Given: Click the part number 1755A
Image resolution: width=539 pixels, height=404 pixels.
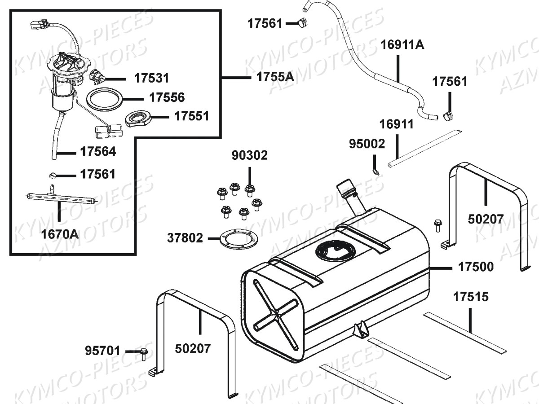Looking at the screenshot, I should pyautogui.click(x=275, y=77).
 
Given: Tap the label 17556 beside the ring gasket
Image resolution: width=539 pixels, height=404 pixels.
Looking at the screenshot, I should pyautogui.click(x=167, y=97).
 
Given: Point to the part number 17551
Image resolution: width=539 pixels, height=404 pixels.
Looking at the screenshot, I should pyautogui.click(x=191, y=116).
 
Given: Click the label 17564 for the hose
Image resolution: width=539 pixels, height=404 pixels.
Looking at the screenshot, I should pyautogui.click(x=98, y=152).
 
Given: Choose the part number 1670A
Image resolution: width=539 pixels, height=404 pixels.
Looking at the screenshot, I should pyautogui.click(x=60, y=234).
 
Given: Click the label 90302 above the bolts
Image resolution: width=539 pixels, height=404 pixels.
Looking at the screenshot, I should pyautogui.click(x=249, y=155).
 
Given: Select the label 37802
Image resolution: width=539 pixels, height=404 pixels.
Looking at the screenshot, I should pyautogui.click(x=185, y=237).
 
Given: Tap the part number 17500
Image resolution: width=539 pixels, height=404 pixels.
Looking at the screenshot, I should pyautogui.click(x=476, y=267).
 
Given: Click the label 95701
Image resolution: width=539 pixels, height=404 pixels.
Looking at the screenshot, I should pyautogui.click(x=102, y=350).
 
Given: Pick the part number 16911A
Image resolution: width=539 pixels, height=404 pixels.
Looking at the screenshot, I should pyautogui.click(x=402, y=44).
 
